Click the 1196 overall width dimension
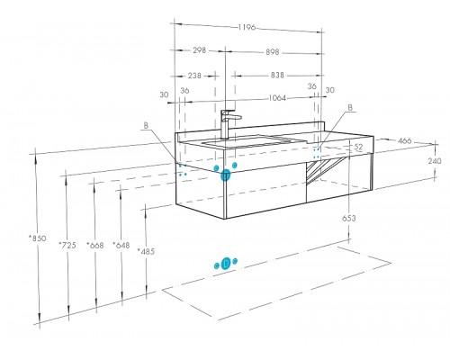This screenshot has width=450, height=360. point(247,28)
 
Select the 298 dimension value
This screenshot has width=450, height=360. point(199,50)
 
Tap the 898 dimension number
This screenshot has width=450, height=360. point(273,52)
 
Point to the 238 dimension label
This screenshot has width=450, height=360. point(194,76)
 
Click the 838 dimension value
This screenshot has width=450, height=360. point(277,75)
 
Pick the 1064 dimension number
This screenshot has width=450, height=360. point(277,98)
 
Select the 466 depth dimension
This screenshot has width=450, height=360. point(404,140)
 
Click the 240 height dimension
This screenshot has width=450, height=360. point(435,161)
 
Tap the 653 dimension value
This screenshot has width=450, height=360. point(349,219)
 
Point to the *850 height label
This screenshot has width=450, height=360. point(38,238)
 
